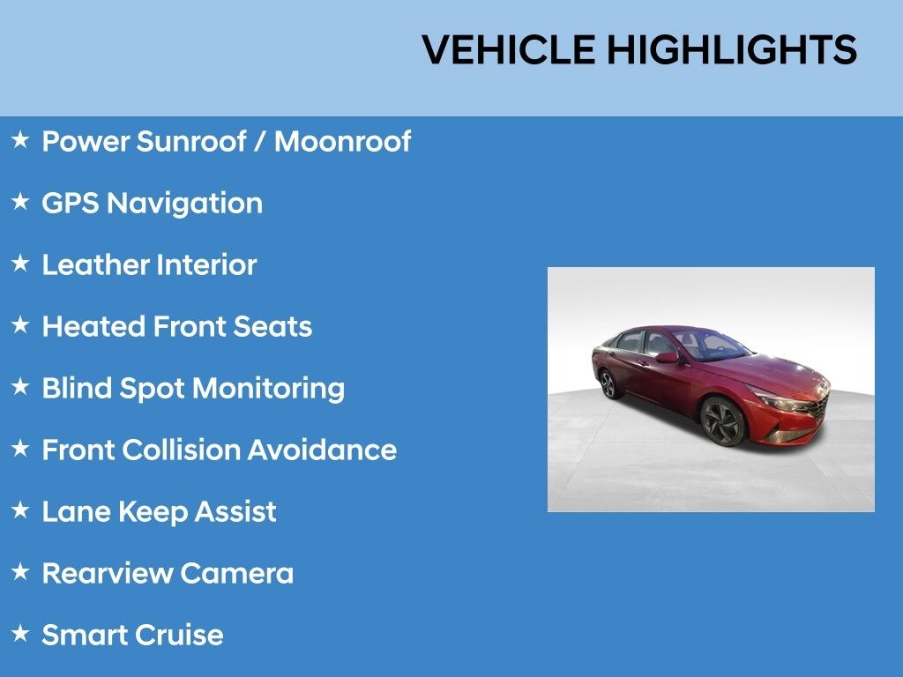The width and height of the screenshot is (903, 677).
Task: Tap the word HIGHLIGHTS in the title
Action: point(731,49)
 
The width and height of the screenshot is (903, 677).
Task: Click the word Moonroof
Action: point(342,141)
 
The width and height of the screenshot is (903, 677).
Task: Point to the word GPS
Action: point(70,203)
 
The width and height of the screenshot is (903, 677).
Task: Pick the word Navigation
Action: point(184,203)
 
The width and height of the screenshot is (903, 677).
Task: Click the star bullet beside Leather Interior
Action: point(20,264)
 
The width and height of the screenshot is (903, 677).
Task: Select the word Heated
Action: point(93,326)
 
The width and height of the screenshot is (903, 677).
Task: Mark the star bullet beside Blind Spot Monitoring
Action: point(20,387)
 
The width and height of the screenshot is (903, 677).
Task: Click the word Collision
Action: point(181,450)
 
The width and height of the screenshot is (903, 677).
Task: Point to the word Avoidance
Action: point(322,450)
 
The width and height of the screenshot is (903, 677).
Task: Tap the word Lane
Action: point(71,511)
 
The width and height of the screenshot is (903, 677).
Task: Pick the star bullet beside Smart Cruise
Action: point(20,634)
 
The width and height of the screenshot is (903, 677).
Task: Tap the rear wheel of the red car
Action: point(608,383)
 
